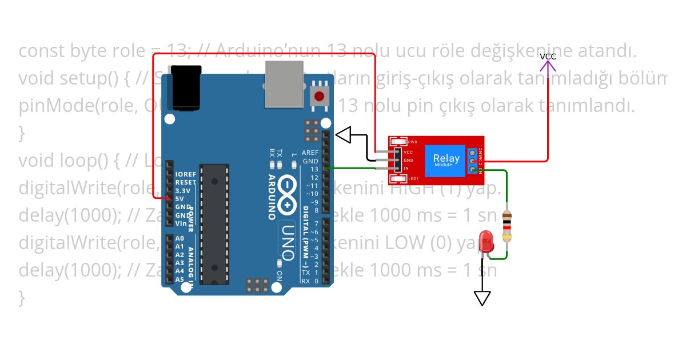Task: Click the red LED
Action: tap(486, 239)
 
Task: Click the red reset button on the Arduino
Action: tap(319, 96)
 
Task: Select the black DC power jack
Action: tap(188, 86)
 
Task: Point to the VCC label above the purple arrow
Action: tap(548, 56)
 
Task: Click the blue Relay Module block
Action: tap(446, 159)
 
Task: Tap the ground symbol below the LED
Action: tap(482, 298)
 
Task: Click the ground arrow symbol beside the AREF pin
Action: tap(344, 135)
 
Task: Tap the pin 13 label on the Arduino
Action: tap(314, 169)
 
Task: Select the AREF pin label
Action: tap(310, 153)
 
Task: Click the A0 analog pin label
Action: tap(180, 238)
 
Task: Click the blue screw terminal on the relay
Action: tap(472, 161)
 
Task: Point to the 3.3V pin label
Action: tap(183, 190)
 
